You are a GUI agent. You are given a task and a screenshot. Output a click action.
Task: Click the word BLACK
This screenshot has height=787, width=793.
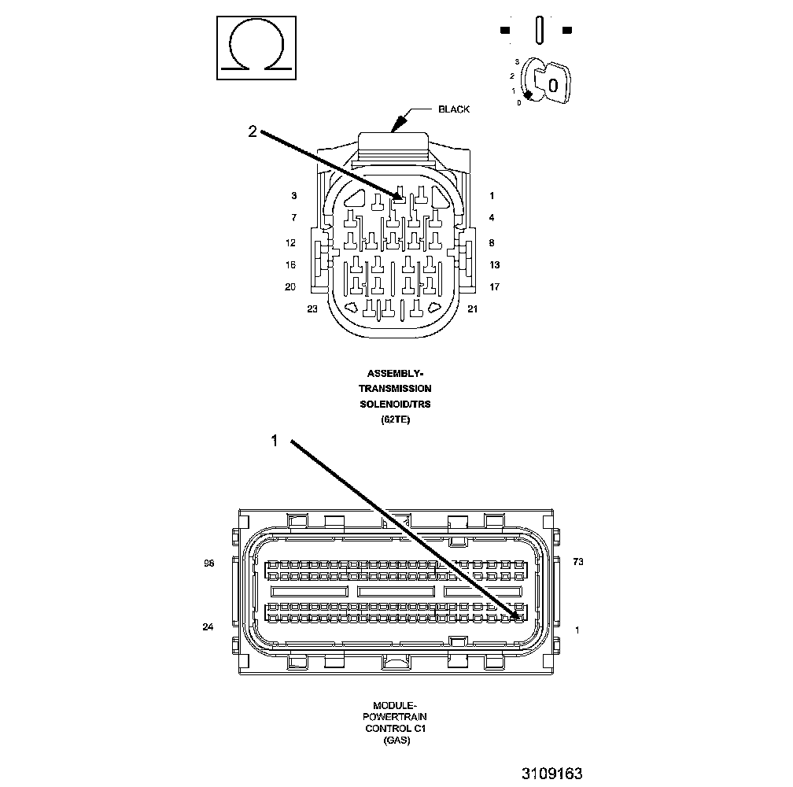[454, 109]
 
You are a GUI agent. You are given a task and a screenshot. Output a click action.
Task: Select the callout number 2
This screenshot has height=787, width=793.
[253, 132]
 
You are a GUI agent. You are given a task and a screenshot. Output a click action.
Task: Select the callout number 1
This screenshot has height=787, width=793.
[275, 442]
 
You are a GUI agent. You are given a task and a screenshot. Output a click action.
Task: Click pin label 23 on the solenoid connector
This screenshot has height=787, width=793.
[312, 309]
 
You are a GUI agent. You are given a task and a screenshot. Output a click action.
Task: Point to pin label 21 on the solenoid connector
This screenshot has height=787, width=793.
[472, 309]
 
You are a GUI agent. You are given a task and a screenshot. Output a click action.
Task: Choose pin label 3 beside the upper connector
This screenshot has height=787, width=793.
[293, 195]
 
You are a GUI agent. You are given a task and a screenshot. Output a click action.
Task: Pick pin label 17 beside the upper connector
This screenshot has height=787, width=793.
[494, 287]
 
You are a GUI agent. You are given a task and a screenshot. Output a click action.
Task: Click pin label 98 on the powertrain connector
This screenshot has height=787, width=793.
[208, 563]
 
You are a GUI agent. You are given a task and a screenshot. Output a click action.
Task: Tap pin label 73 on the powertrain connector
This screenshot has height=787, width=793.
[578, 563]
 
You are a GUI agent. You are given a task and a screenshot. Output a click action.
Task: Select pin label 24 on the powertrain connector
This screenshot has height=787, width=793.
[208, 627]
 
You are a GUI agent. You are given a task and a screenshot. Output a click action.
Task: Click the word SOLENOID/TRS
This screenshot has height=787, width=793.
[395, 404]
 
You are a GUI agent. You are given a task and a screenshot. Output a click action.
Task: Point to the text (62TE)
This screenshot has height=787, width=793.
[395, 419]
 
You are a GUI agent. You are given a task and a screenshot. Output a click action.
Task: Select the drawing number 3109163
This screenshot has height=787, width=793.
[551, 774]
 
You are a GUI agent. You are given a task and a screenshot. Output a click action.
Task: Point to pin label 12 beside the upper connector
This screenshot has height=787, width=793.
[290, 243]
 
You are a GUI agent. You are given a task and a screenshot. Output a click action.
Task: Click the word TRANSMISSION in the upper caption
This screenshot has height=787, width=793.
[395, 388]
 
